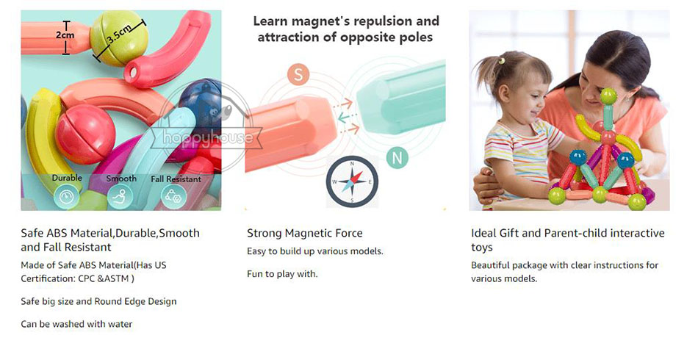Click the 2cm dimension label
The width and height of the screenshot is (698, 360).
tap(65, 35)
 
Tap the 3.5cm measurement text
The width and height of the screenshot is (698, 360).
tap(119, 33)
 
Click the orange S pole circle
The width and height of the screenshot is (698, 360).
tap(298, 75)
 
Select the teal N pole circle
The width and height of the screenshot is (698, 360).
tap(397, 157)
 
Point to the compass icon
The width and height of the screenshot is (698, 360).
tap(352, 181)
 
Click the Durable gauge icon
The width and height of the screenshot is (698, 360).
tap(67, 196)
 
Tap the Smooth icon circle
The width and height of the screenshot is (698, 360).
tap(120, 196)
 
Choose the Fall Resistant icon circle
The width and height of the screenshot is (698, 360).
tap(173, 196)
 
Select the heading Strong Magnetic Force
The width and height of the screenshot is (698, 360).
tap(304, 233)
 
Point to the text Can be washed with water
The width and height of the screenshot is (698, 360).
tap(76, 325)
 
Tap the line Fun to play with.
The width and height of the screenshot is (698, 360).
tap(282, 274)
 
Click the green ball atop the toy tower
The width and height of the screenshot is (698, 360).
tap(608, 96)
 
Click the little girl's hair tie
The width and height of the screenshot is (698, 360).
tap(502, 60)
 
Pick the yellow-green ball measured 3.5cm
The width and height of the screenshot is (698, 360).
tap(119, 37)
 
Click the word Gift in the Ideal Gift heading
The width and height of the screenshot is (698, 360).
tap(509, 233)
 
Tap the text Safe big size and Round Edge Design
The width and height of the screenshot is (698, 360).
tap(99, 302)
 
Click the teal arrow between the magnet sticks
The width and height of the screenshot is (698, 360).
tap(348, 118)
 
